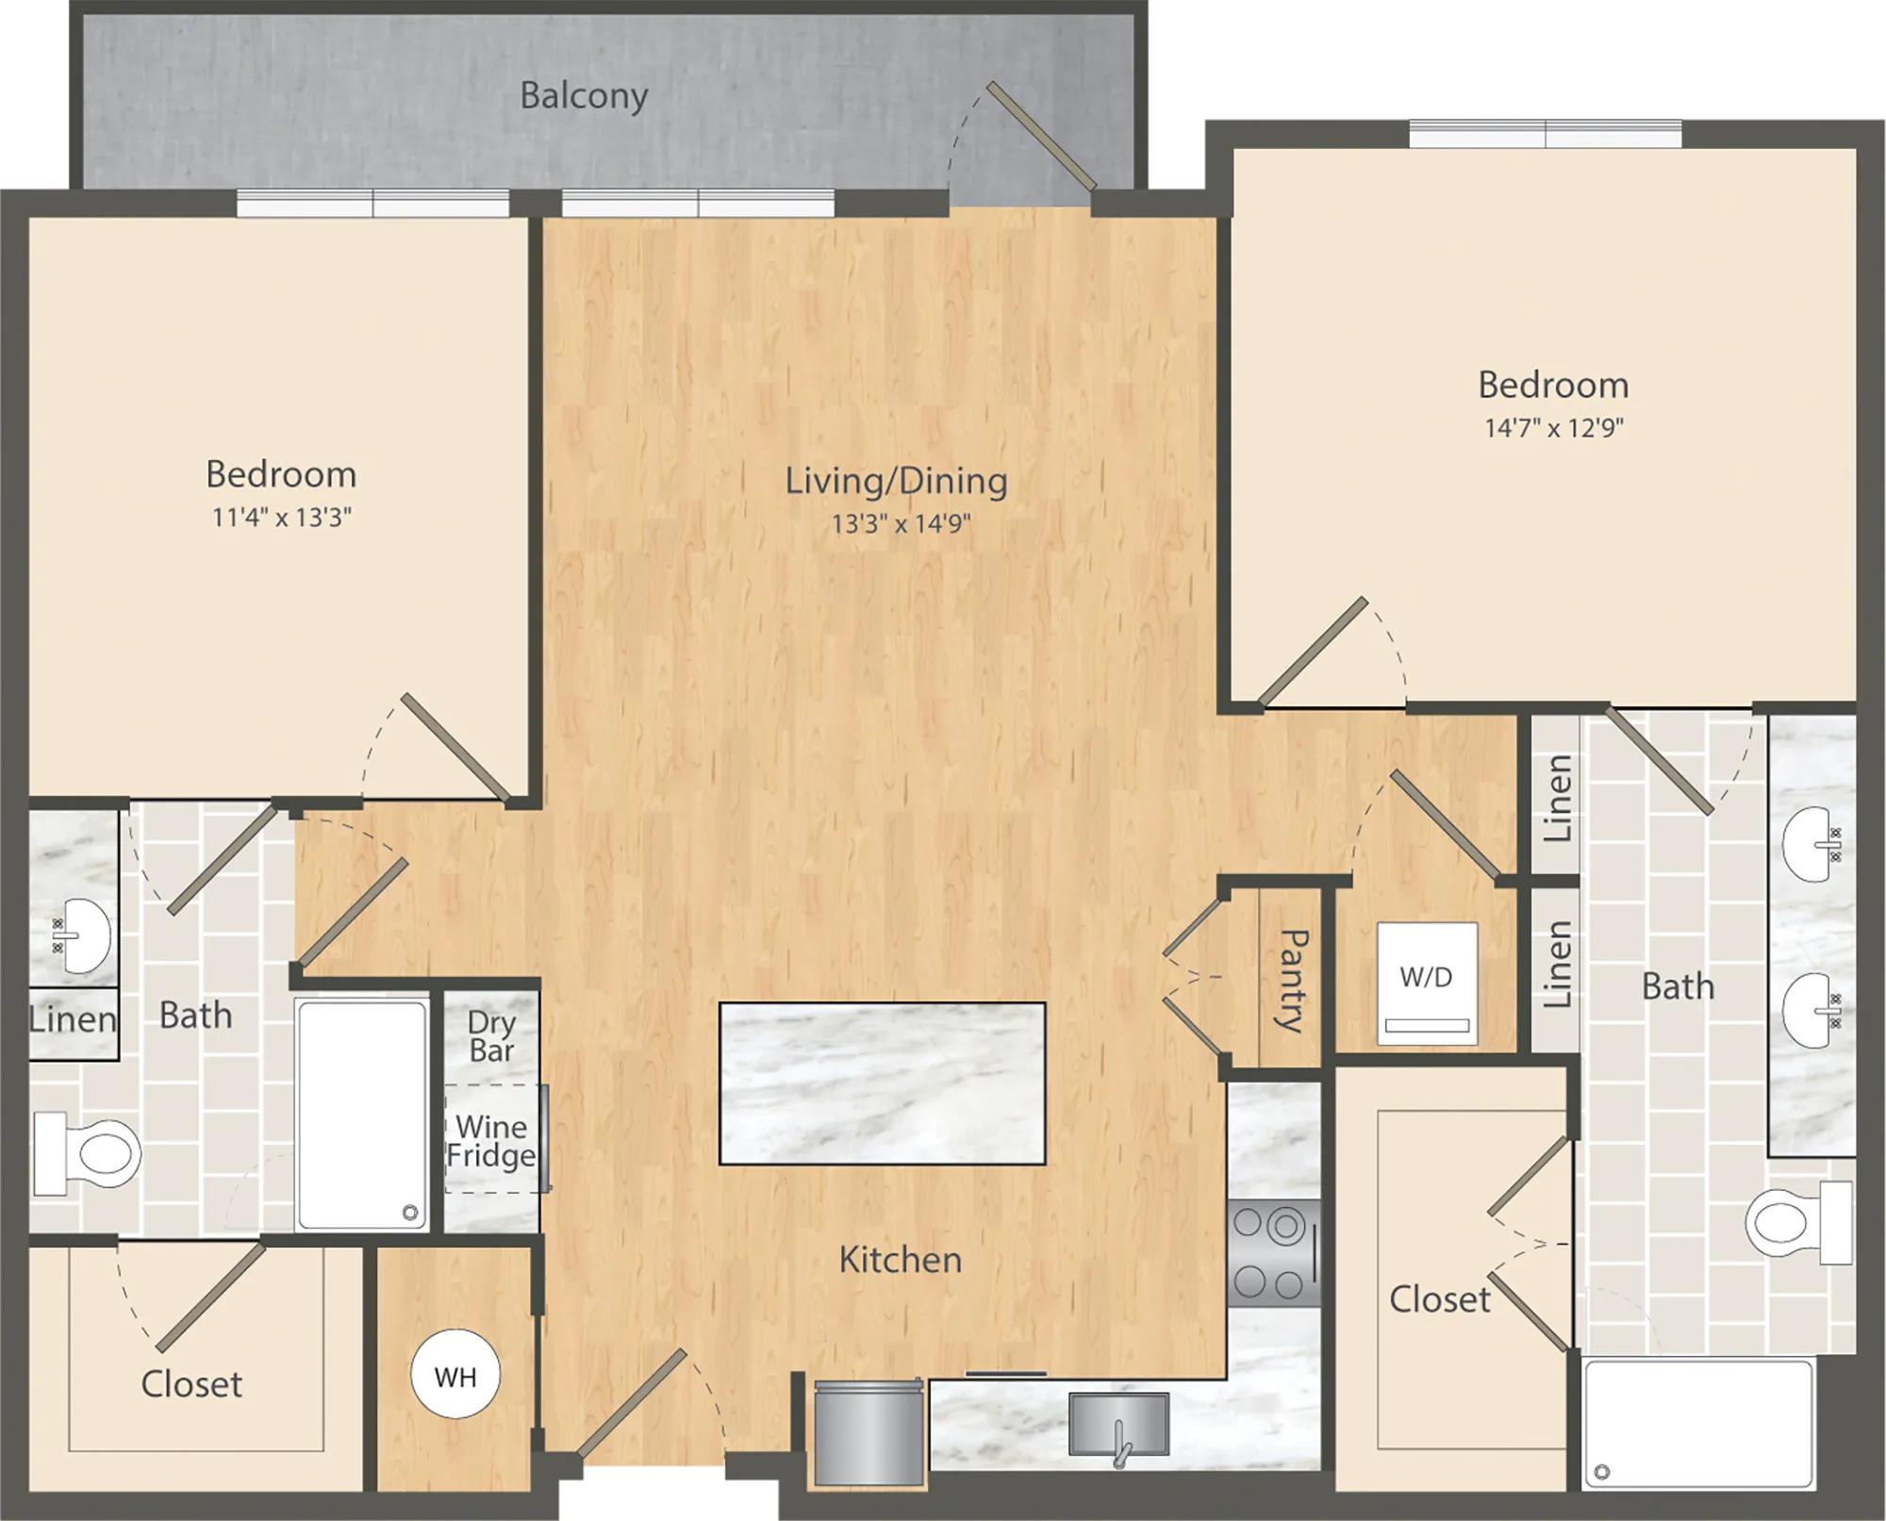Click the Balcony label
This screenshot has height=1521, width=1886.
click(x=584, y=96)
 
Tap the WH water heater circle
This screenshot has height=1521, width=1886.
click(x=456, y=1377)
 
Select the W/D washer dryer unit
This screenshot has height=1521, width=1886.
click(x=1427, y=983)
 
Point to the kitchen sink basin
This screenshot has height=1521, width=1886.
click(x=1118, y=1425)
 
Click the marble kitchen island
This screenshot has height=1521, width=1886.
click(x=883, y=1083)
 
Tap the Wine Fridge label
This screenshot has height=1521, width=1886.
click(x=491, y=1141)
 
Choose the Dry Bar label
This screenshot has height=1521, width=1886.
click(x=491, y=1036)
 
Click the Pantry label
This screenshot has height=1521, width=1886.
click(x=1290, y=981)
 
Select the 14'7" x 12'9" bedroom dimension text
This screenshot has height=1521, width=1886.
click(x=1554, y=428)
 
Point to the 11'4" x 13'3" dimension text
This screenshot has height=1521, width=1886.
click(x=282, y=518)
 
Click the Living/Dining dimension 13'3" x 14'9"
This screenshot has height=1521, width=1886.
click(x=901, y=523)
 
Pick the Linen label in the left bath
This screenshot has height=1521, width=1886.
click(x=73, y=1018)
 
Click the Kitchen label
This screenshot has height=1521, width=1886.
click(x=901, y=1260)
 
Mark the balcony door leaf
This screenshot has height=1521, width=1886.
click(x=1042, y=136)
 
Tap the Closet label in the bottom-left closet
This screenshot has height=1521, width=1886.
click(x=191, y=1384)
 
